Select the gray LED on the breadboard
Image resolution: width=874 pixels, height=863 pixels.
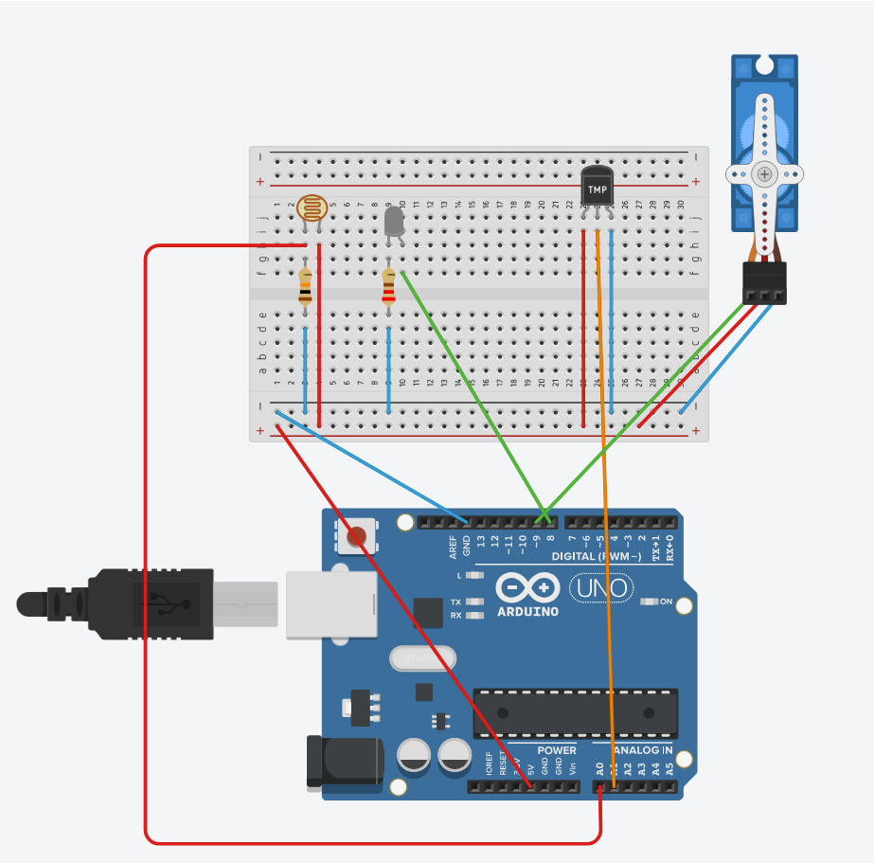click(394, 223)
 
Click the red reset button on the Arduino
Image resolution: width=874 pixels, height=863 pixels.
click(356, 537)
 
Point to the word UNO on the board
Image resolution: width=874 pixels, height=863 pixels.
click(601, 588)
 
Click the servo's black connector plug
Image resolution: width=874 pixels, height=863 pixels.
click(764, 282)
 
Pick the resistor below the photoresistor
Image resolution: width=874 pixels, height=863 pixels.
click(305, 287)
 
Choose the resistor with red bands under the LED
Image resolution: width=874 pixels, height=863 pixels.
click(388, 287)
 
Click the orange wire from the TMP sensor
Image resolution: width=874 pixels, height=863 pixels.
click(603, 474)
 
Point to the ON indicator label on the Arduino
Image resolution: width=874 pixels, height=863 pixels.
click(665, 602)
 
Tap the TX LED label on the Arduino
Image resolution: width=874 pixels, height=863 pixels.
click(455, 602)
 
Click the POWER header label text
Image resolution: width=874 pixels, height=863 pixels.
click(556, 750)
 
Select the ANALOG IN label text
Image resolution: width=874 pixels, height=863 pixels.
click(644, 750)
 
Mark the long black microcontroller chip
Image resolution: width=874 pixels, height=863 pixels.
click(575, 712)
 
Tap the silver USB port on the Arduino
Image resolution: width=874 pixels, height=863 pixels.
click(331, 603)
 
